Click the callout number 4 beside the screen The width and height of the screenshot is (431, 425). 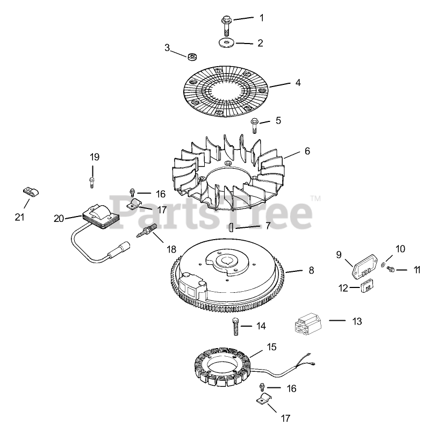point(298,83)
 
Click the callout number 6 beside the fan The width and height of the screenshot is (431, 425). point(307,152)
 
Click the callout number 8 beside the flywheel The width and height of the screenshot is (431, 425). point(311,271)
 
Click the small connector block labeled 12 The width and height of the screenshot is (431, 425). point(367,286)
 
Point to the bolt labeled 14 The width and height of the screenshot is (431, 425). point(235,326)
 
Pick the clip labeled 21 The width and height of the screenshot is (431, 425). point(32,191)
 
